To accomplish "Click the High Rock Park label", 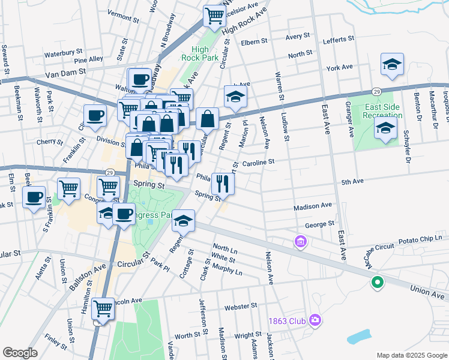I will click(200, 54).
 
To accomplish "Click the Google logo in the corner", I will click(20, 353).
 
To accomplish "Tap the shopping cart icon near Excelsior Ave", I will click(214, 16).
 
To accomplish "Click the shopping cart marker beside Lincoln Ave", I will click(103, 310).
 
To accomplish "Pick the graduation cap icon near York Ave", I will click(391, 64).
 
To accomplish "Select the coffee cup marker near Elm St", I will click(34, 196).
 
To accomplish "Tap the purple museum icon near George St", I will click(300, 242).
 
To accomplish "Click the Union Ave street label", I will click(428, 292).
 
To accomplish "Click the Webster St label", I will click(241, 307).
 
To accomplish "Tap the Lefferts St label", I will click(339, 40).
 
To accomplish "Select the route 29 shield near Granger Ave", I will click(376, 91).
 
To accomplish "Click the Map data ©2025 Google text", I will click(411, 355).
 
